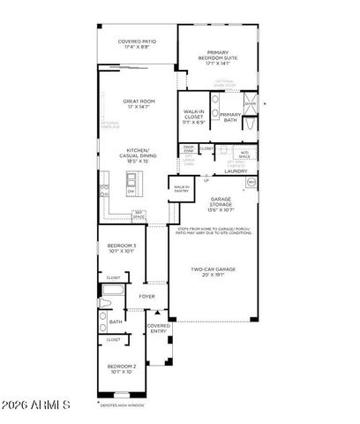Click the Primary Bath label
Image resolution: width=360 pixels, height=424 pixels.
point(230,117)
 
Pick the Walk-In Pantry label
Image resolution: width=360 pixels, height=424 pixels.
point(181,188)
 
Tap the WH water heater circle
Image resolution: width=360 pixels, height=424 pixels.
point(251,182)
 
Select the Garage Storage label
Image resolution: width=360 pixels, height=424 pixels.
point(221,205)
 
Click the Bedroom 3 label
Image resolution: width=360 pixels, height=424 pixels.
point(122,247)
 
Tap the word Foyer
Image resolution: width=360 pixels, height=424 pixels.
point(146,309)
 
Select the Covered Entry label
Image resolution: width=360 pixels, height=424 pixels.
point(159,328)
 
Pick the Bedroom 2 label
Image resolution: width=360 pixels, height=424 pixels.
point(122,367)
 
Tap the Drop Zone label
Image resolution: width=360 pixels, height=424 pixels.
point(189,149)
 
